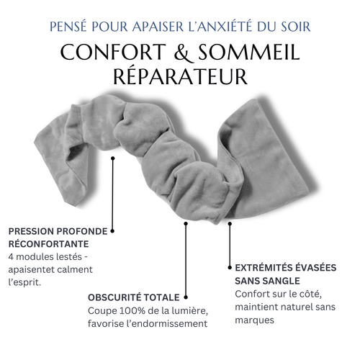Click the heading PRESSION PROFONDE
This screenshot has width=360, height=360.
(x=58, y=231)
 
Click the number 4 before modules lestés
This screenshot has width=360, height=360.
(x=12, y=257)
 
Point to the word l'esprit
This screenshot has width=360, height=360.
(x=25, y=282)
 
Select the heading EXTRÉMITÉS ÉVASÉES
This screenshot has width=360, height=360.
(x=285, y=266)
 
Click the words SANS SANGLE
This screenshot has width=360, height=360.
(x=267, y=279)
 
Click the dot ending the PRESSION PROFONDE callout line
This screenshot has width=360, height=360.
(x=112, y=232)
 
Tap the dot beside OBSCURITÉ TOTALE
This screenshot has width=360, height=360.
(x=186, y=296)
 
